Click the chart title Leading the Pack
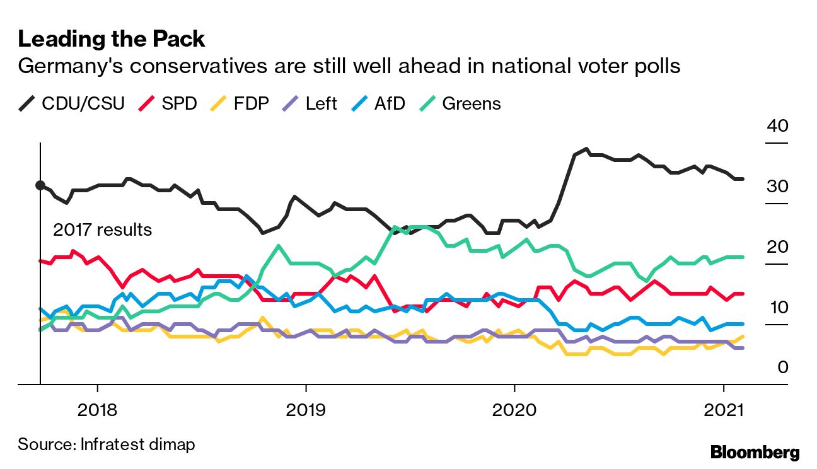(112, 39)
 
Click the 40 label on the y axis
(777, 125)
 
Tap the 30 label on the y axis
(777, 187)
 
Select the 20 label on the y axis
(777, 246)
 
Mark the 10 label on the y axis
(777, 308)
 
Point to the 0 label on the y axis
(782, 367)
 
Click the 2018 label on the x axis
(97, 410)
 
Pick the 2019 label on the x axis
(306, 410)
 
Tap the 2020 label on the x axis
(514, 410)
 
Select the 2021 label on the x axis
(723, 410)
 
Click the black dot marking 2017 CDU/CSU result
(40, 185)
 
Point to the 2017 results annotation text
(102, 229)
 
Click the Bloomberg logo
(755, 452)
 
